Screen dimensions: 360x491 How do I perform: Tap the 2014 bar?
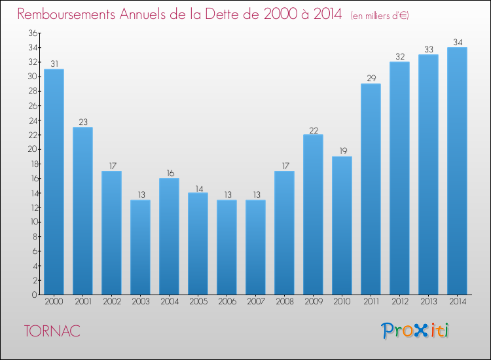[x=457, y=171]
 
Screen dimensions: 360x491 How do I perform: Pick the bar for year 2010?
[x=342, y=225]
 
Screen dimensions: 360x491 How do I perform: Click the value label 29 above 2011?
[x=371, y=79]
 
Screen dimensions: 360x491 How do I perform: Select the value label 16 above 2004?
[x=169, y=173]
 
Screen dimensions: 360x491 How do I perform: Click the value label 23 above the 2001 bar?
[x=82, y=122]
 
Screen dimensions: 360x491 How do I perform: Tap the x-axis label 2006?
[x=227, y=302]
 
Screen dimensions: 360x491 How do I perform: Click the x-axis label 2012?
[x=399, y=302]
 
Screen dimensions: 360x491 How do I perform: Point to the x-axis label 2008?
[x=284, y=302]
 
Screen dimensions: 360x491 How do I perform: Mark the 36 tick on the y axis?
[x=31, y=33]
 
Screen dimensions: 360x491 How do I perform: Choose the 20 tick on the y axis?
[x=31, y=149]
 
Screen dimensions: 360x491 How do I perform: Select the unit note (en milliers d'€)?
[x=380, y=15]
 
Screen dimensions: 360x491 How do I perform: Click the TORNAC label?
[x=52, y=332]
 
